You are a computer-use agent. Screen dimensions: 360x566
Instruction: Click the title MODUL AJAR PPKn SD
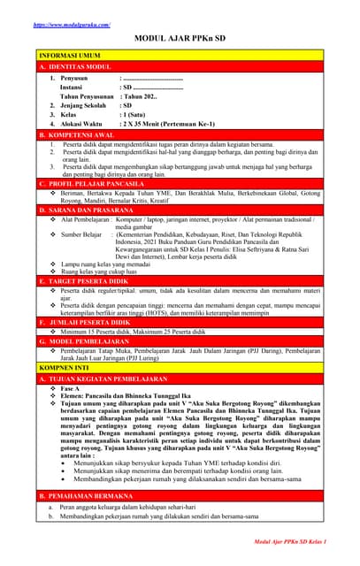click(x=179, y=40)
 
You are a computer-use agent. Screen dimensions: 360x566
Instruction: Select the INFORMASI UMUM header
click(x=71, y=55)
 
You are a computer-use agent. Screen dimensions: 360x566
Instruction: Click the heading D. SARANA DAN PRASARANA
click(x=92, y=209)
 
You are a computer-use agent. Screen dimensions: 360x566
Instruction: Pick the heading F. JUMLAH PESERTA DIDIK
click(x=90, y=322)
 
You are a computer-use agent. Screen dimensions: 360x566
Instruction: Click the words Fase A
click(x=72, y=388)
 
